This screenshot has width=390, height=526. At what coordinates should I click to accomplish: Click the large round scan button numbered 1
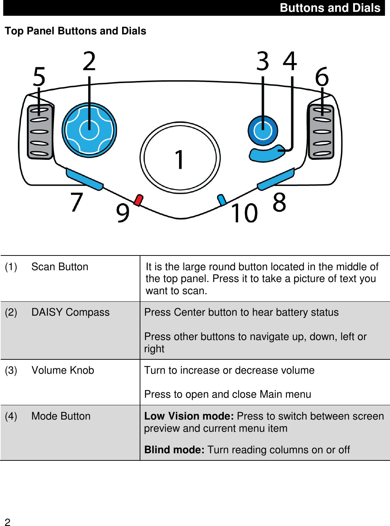click(180, 158)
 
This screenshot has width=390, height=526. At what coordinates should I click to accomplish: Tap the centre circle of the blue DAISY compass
click(89, 130)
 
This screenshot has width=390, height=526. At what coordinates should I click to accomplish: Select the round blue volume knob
click(263, 131)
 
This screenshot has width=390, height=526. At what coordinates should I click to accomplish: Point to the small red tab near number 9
click(138, 200)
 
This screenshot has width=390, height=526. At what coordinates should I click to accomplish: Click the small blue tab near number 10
click(222, 200)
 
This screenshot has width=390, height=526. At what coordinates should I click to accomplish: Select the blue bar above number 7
click(85, 180)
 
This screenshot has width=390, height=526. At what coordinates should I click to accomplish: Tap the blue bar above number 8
click(276, 179)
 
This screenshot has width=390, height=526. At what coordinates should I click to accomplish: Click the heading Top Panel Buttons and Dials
click(76, 31)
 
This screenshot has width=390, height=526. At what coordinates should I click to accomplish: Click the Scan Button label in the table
click(59, 267)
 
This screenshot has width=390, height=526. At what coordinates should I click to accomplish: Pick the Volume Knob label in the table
click(63, 370)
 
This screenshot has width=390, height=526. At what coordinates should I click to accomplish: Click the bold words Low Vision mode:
click(189, 416)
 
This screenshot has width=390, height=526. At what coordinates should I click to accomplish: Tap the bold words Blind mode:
click(174, 450)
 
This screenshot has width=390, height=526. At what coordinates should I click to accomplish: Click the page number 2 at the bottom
click(8, 522)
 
